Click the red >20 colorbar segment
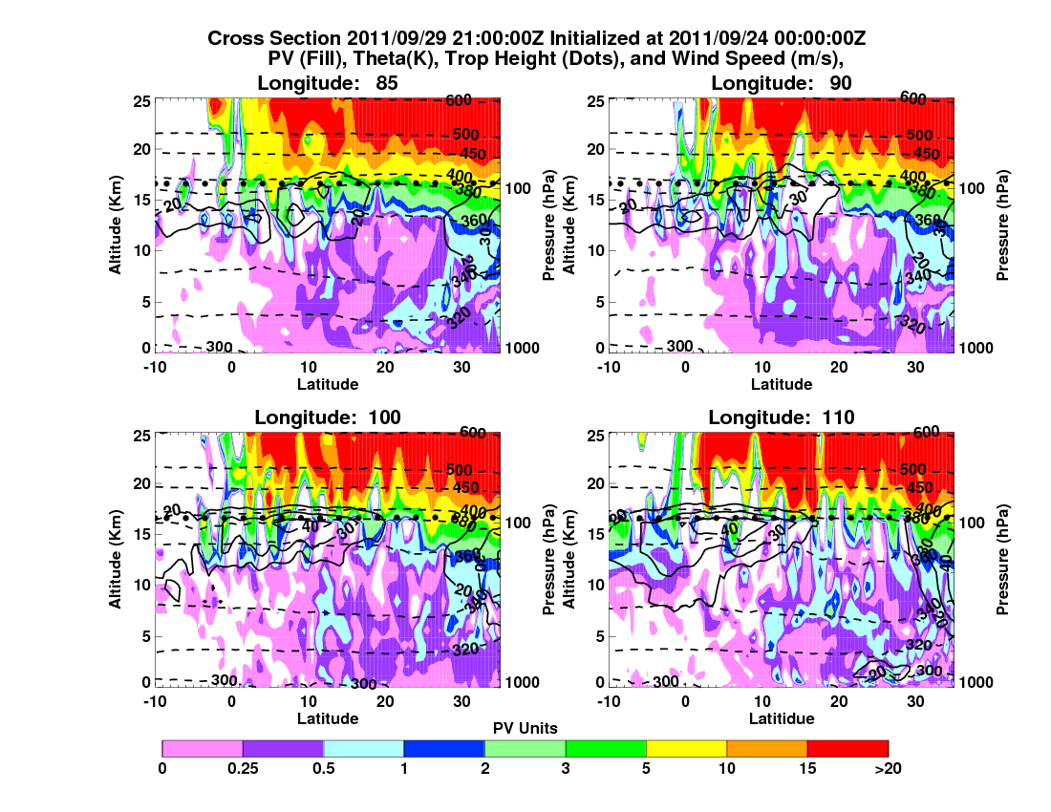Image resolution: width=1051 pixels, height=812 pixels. click(847, 748)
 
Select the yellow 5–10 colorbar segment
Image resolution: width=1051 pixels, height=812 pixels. click(686, 748)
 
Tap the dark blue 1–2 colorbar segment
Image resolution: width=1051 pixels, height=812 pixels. click(444, 748)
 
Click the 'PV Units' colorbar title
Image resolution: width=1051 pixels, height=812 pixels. click(525, 728)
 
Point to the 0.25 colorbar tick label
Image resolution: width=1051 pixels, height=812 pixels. click(243, 767)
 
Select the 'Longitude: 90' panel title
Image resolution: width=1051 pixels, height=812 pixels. click(782, 83)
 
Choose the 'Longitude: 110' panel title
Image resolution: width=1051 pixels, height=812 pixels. click(782, 417)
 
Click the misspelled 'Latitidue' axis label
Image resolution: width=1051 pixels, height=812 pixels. click(782, 718)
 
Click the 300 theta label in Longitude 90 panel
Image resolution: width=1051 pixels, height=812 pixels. click(679, 346)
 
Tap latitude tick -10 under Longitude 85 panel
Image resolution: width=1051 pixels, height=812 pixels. click(153, 367)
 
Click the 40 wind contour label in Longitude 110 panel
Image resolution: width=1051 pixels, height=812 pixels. click(729, 528)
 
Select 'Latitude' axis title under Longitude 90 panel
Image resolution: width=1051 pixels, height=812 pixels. click(782, 384)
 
